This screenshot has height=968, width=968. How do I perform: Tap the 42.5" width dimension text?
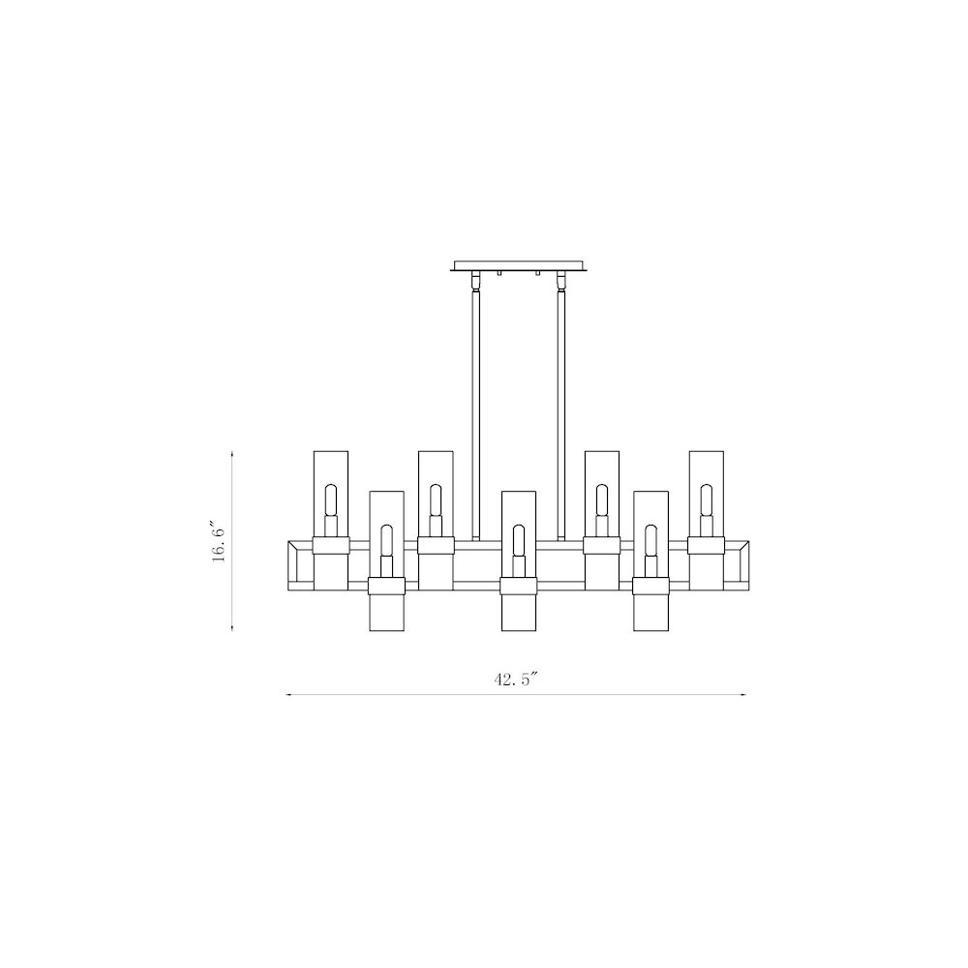[x=515, y=680]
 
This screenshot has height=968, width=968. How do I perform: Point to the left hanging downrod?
[x=474, y=407]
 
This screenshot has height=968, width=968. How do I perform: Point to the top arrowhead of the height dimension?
[x=232, y=452]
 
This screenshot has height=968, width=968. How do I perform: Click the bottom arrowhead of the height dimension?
[x=232, y=627]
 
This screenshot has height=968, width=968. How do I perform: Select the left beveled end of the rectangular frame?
[x=297, y=563]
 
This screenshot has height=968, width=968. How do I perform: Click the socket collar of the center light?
[x=518, y=584]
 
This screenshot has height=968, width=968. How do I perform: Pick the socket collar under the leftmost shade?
[x=331, y=544]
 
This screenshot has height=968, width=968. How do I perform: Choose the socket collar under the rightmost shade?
[x=706, y=544]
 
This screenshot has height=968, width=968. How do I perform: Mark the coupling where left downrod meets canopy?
[x=474, y=283]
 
